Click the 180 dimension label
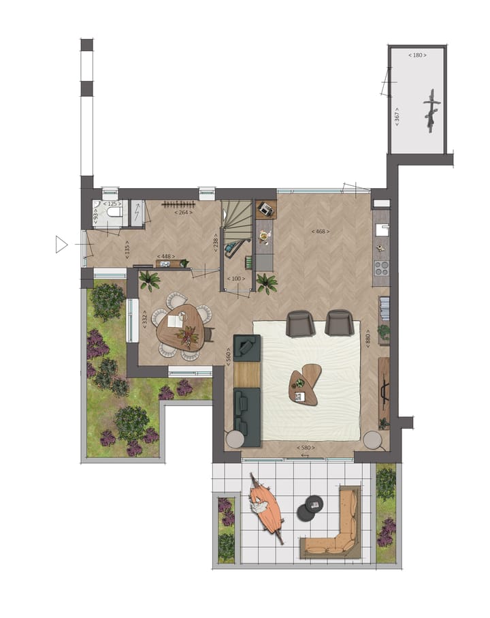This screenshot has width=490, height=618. (x=417, y=55)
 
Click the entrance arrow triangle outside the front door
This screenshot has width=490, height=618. (x=61, y=244)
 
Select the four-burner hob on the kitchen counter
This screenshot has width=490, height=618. (x=381, y=266)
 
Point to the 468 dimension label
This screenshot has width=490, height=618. (x=320, y=232)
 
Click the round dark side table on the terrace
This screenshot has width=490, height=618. (x=314, y=504)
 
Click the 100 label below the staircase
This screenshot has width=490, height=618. (x=237, y=279)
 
